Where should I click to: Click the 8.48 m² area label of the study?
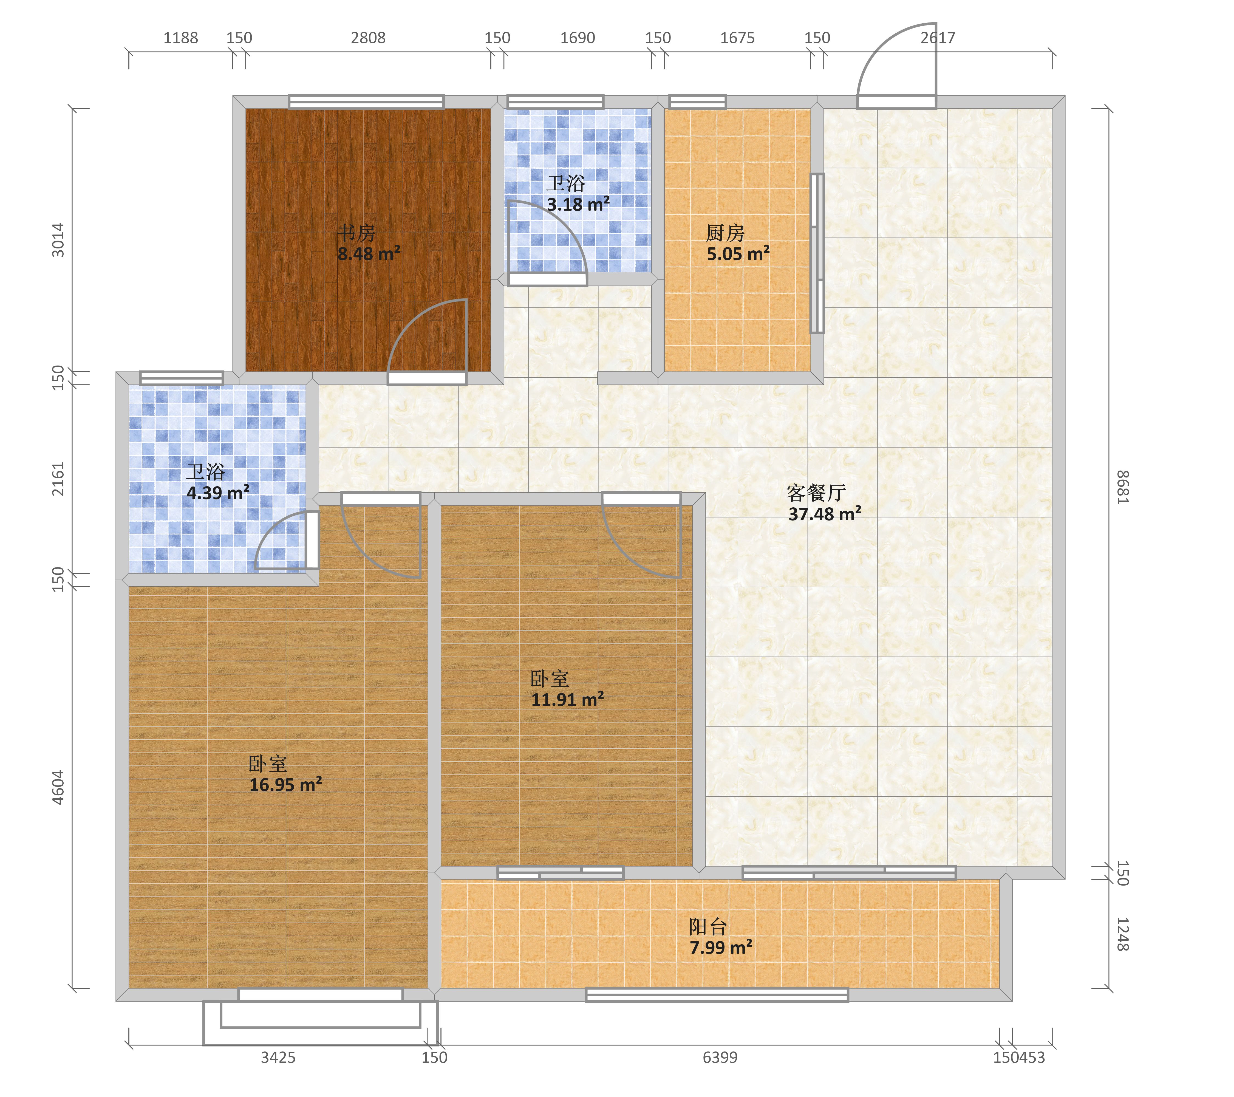[x=369, y=254]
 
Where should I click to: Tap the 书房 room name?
[x=356, y=233]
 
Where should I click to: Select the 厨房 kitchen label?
[x=725, y=233]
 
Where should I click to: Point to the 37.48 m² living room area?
[x=825, y=514]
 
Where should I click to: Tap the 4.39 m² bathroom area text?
[x=218, y=493]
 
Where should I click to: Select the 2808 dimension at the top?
[x=368, y=38]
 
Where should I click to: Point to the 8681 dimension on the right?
[x=1122, y=487]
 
